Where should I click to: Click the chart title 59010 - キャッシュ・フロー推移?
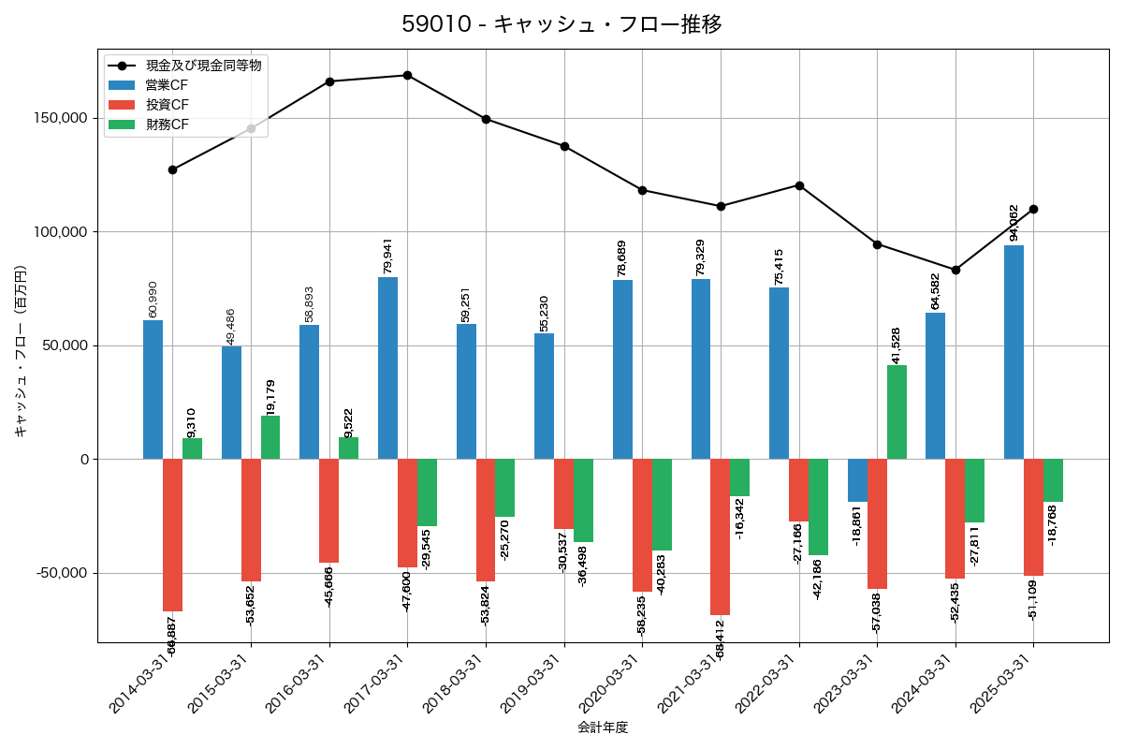click(561, 24)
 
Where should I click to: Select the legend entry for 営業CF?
click(167, 85)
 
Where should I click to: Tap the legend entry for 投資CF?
click(167, 105)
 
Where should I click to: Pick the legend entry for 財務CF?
click(167, 125)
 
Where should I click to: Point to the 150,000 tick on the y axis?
click(61, 118)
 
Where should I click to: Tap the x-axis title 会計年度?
click(603, 727)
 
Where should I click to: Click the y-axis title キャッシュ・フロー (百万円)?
click(21, 351)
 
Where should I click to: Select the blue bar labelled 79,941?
click(387, 368)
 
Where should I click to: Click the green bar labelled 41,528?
click(897, 412)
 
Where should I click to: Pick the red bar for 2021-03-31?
click(720, 536)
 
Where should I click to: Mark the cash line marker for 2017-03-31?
click(407, 75)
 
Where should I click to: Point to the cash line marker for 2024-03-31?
click(955, 270)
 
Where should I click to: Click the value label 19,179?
click(270, 397)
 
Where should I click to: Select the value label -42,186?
click(817, 579)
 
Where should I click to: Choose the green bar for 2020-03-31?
click(662, 505)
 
